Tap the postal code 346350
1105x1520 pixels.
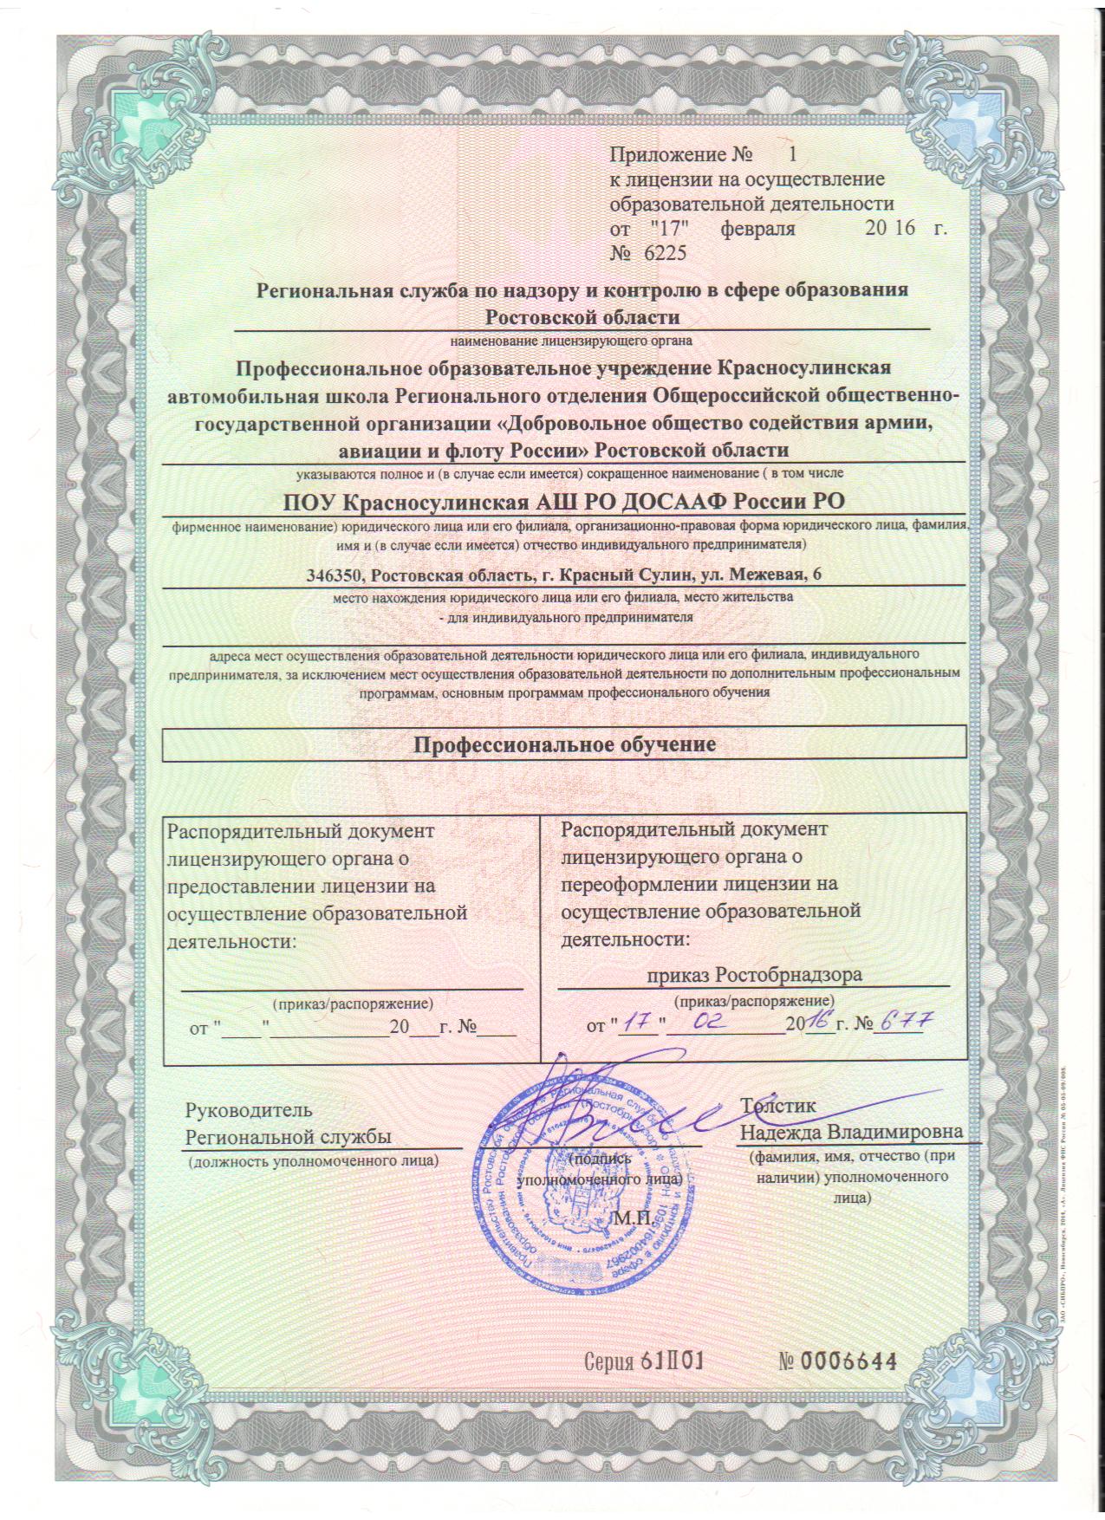point(337,575)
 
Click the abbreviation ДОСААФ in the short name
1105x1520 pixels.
point(690,501)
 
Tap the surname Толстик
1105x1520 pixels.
point(777,1106)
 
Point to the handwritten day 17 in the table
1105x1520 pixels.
point(640,1023)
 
